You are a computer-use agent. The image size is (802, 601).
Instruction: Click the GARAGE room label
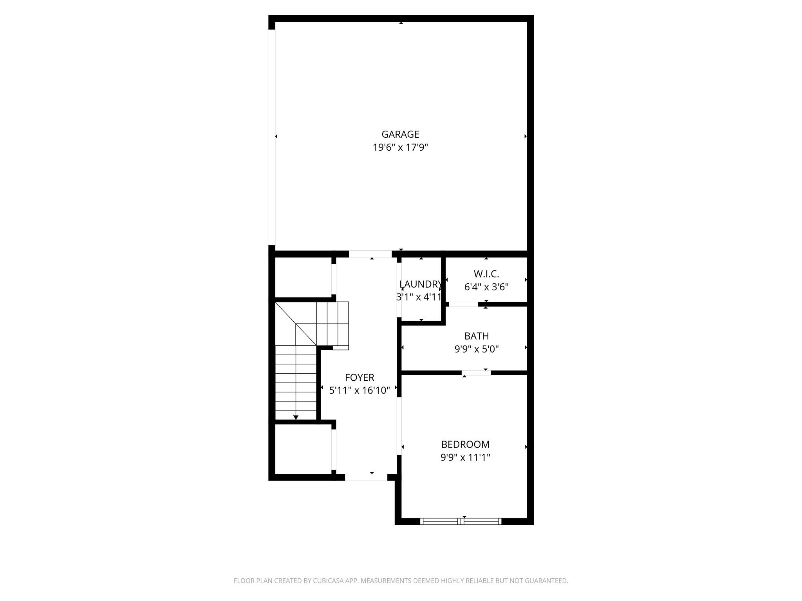pyautogui.click(x=400, y=134)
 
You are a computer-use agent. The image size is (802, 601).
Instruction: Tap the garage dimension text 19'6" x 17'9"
pyautogui.click(x=400, y=148)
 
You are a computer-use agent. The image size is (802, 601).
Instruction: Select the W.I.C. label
pyautogui.click(x=486, y=274)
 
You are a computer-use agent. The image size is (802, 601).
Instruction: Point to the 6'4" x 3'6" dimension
pyautogui.click(x=486, y=287)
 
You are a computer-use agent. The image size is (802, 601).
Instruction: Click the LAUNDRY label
pyautogui.click(x=420, y=284)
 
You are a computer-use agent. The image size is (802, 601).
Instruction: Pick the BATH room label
pyautogui.click(x=477, y=336)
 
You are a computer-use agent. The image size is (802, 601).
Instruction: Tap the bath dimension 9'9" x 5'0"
pyautogui.click(x=477, y=349)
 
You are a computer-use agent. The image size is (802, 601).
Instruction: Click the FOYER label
pyautogui.click(x=359, y=378)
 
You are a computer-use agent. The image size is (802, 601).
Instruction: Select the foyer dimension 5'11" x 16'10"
pyautogui.click(x=359, y=390)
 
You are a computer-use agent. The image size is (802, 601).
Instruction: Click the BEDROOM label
pyautogui.click(x=465, y=444)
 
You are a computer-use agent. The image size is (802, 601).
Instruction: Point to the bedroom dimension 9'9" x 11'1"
pyautogui.click(x=465, y=457)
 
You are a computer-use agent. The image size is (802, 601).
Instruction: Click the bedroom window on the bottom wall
pyautogui.click(x=461, y=521)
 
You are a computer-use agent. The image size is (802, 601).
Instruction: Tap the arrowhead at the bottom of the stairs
pyautogui.click(x=296, y=417)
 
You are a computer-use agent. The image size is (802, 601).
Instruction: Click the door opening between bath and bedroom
pyautogui.click(x=476, y=373)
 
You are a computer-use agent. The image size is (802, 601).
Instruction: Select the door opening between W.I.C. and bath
pyautogui.click(x=463, y=304)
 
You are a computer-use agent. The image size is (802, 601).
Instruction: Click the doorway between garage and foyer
pyautogui.click(x=370, y=254)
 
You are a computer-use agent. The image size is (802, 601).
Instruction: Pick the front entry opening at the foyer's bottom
pyautogui.click(x=366, y=477)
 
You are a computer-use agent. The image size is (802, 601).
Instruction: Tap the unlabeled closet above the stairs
pyautogui.click(x=303, y=277)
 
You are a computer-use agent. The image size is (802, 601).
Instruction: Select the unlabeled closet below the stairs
pyautogui.click(x=303, y=449)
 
